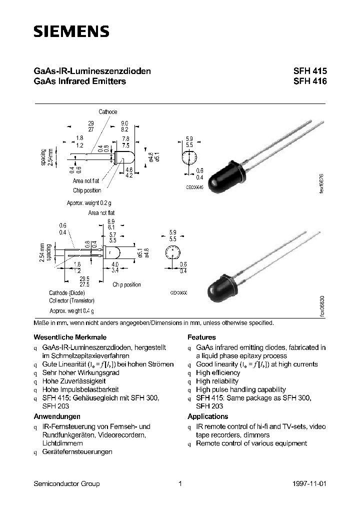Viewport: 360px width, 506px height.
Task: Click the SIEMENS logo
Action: (x=71, y=32)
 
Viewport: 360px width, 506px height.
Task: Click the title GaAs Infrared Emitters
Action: (x=79, y=81)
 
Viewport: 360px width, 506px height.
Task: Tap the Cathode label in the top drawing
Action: (x=107, y=112)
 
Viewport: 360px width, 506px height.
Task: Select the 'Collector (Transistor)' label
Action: (x=71, y=301)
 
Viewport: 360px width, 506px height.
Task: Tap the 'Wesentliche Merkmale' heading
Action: (x=70, y=337)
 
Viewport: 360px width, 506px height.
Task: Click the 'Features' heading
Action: (x=201, y=337)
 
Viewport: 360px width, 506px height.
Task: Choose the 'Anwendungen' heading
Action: (x=57, y=416)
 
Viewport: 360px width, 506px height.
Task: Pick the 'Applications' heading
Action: (x=207, y=416)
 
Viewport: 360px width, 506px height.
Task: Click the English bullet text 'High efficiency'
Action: (x=218, y=373)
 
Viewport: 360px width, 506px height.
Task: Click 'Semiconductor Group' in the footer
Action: (x=66, y=483)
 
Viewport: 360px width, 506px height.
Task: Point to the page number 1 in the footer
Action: (x=180, y=483)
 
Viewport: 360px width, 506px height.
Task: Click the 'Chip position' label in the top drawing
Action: (x=87, y=190)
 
